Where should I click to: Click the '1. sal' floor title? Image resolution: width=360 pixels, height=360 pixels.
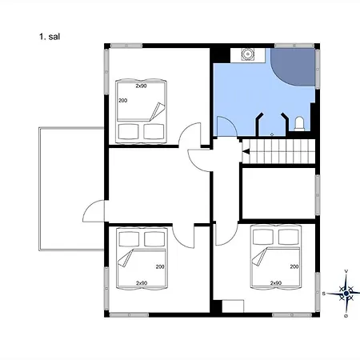coord(50,37)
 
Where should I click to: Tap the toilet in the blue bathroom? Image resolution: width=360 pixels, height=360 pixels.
coord(299,124)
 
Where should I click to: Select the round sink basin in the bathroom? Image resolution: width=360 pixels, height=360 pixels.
coord(248,54)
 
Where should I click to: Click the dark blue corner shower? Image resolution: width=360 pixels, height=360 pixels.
coord(293,67)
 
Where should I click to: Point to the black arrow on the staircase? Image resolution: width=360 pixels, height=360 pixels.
coord(246,151)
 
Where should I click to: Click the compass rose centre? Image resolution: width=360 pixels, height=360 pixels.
coord(346,294)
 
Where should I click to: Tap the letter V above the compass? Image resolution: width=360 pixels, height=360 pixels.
coord(346,271)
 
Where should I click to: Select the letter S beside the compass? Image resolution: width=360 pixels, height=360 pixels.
coord(324,294)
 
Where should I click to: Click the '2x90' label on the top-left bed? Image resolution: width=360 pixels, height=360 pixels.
coord(141,86)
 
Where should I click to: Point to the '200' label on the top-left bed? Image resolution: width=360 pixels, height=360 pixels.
coord(123,101)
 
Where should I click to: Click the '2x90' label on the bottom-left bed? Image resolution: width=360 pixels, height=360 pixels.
coord(142,283)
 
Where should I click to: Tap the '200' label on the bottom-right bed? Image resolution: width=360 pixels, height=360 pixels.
coord(294,266)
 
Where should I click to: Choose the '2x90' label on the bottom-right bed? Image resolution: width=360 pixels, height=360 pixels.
coord(276,283)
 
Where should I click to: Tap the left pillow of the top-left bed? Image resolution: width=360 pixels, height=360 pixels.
coord(128,131)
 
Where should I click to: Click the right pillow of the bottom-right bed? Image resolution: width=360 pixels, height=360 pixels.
coord(289,237)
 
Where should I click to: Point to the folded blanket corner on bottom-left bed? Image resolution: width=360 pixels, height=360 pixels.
coord(126,258)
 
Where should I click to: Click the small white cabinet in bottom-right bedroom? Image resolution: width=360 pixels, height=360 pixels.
coord(233,306)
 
